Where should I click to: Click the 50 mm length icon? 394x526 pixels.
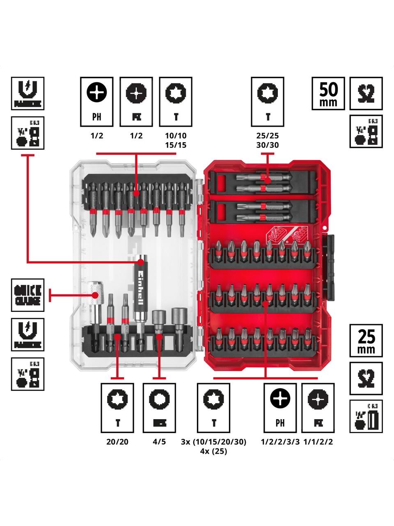(328, 93)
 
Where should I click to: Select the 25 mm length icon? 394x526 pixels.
(366, 340)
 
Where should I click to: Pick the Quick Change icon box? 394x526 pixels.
(27, 295)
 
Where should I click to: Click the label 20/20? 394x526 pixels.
(117, 442)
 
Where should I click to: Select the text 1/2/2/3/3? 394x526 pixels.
(280, 442)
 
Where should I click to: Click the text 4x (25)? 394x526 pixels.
(213, 451)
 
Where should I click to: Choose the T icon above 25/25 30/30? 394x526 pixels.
(268, 102)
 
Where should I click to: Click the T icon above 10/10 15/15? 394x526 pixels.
(176, 102)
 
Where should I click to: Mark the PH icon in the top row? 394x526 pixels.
(96, 102)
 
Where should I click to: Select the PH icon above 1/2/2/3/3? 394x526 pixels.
(280, 408)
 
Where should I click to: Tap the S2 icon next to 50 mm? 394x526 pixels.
(366, 93)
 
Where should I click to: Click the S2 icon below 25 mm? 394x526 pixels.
(366, 378)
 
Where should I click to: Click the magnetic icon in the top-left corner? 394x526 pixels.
(27, 93)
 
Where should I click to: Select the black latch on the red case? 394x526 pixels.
(330, 267)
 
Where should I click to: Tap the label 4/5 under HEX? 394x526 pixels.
(159, 442)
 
